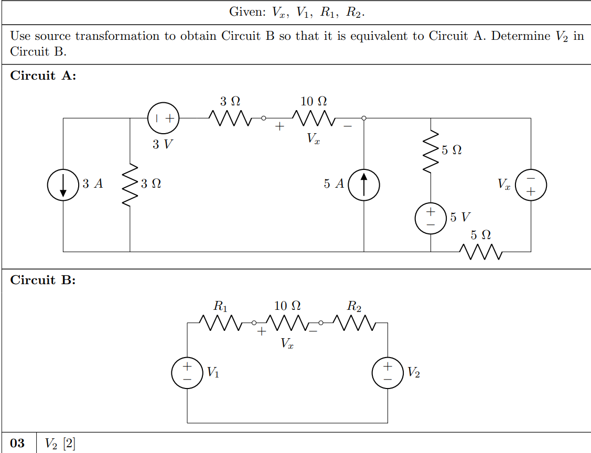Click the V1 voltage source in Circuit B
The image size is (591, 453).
187,372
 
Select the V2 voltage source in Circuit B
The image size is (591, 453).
388,372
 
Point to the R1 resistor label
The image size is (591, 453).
221,306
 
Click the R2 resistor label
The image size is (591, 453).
354,306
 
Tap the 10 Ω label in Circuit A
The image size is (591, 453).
314,100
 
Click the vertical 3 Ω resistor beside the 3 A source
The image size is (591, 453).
130,185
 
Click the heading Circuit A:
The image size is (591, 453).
43,75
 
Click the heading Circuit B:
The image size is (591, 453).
43,280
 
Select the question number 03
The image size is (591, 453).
17,444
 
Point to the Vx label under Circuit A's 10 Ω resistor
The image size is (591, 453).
313,138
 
